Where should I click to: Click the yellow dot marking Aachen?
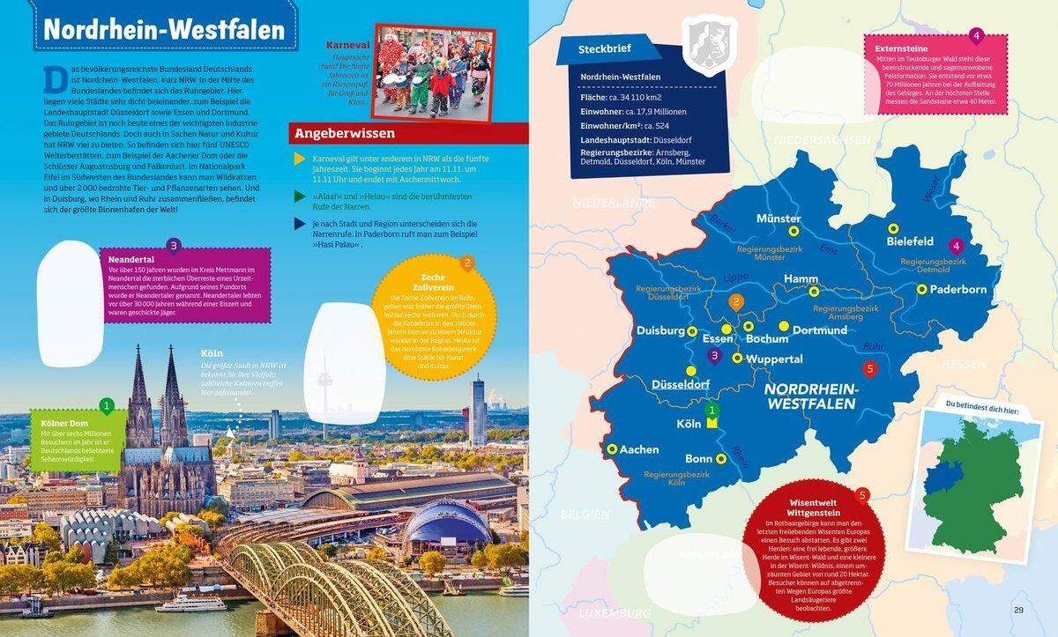[610, 448]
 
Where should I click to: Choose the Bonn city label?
[698, 459]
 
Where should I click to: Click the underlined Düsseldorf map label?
[681, 385]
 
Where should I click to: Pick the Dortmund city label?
[819, 330]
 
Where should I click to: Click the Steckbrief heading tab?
[600, 48]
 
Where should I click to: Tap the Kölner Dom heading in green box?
[67, 423]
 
